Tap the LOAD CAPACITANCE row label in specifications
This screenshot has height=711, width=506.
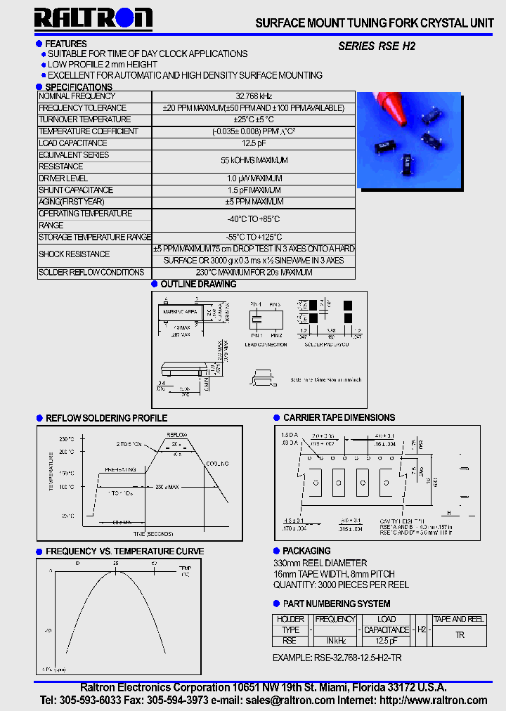pos(72,143)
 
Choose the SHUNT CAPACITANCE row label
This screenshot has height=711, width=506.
pos(75,190)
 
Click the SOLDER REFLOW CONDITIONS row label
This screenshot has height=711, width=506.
pos(91,273)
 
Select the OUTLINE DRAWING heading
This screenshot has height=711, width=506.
pos(198,285)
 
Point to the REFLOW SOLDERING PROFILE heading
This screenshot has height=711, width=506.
pos(106,418)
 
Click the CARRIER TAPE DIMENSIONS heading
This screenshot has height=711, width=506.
pos(339,417)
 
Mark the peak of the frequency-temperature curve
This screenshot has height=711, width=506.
pos(116,571)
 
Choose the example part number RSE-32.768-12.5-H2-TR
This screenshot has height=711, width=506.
pos(337,658)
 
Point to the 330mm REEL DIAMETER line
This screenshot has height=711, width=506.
pos(320,563)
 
